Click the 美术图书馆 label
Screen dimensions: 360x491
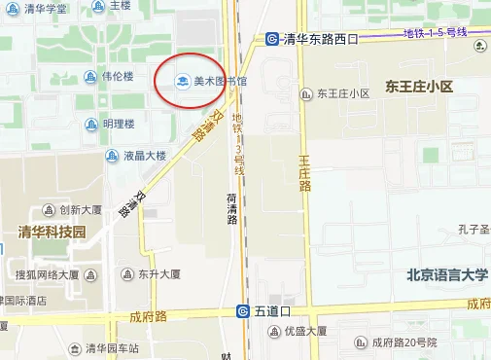click(220, 81)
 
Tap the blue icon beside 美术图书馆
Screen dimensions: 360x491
click(180, 81)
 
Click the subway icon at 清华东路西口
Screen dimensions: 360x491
click(273, 40)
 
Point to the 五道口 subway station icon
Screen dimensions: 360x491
click(244, 311)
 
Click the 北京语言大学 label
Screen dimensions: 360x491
click(447, 275)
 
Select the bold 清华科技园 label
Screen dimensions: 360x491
click(53, 232)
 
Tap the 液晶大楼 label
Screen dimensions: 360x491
click(144, 155)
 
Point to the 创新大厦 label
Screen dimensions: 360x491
click(81, 209)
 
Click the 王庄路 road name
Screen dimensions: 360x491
click(304, 171)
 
